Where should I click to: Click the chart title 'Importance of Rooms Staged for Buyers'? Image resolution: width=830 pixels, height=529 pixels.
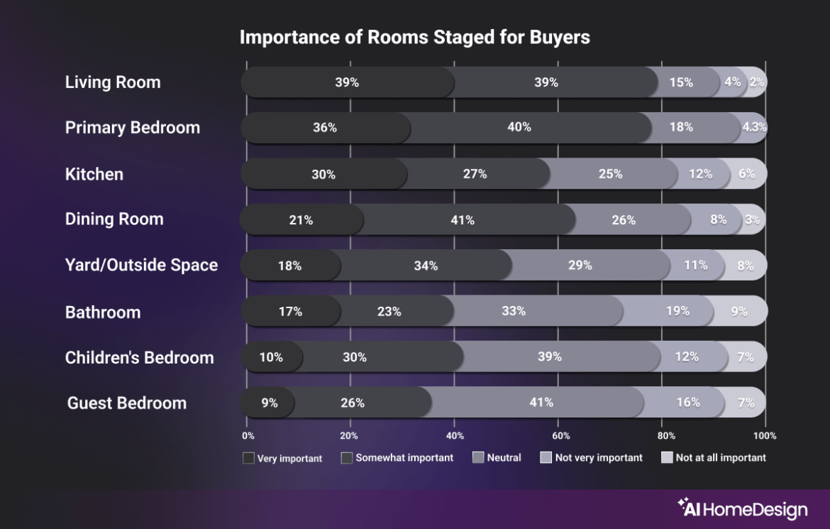pyautogui.click(x=414, y=38)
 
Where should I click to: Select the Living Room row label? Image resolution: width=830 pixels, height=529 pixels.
pyautogui.click(x=113, y=82)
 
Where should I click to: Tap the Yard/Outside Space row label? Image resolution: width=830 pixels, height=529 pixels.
pyautogui.click(x=141, y=266)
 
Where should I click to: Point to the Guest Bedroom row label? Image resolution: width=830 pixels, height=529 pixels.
pyautogui.click(x=127, y=403)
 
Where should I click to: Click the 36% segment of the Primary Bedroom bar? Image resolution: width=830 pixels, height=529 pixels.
pyautogui.click(x=325, y=128)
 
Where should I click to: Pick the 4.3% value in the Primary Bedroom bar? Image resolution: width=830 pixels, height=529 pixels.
pyautogui.click(x=753, y=128)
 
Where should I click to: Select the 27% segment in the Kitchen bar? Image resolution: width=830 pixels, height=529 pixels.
pyautogui.click(x=475, y=174)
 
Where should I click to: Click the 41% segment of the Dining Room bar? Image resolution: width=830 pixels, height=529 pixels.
pyautogui.click(x=463, y=220)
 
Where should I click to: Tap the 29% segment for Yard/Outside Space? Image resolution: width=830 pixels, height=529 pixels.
pyautogui.click(x=580, y=266)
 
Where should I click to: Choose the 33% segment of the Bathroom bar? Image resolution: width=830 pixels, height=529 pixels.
pyautogui.click(x=513, y=311)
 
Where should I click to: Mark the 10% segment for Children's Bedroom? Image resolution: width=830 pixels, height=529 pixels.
pyautogui.click(x=271, y=357)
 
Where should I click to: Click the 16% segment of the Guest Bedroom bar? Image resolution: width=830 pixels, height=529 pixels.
pyautogui.click(x=687, y=403)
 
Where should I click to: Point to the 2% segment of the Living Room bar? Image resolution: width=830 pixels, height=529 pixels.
pyautogui.click(x=757, y=82)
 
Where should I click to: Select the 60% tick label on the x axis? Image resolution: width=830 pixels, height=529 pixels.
pyautogui.click(x=560, y=435)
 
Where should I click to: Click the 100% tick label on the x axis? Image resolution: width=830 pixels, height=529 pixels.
pyautogui.click(x=765, y=435)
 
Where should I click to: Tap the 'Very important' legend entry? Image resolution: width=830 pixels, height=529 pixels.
pyautogui.click(x=282, y=458)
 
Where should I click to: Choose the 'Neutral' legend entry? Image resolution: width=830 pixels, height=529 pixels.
pyautogui.click(x=497, y=458)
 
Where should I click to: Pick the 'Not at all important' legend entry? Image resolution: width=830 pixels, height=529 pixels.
pyautogui.click(x=713, y=458)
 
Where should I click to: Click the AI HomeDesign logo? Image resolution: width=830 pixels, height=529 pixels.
pyautogui.click(x=742, y=508)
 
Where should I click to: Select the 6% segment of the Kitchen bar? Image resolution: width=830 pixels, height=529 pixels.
pyautogui.click(x=747, y=174)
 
